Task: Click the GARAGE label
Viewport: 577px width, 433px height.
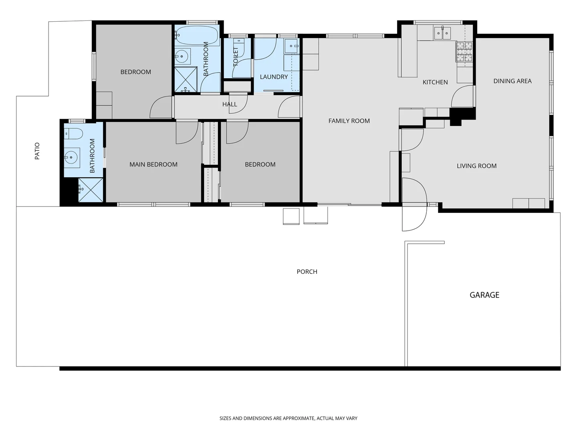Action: (x=484, y=295)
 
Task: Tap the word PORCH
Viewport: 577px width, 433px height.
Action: (x=307, y=272)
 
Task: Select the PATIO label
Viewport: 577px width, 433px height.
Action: (x=37, y=151)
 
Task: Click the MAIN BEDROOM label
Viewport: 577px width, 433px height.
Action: (x=153, y=164)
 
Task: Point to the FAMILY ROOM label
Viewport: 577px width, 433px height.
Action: (x=349, y=121)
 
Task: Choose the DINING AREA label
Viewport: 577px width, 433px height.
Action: (x=512, y=81)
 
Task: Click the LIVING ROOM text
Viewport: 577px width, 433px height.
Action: (x=476, y=166)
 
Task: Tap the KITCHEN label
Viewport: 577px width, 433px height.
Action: (x=435, y=82)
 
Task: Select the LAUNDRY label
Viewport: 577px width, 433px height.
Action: (x=274, y=77)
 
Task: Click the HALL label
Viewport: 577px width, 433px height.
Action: (x=230, y=104)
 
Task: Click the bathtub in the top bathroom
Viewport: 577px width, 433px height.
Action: (x=197, y=36)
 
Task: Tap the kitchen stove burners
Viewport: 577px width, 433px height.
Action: (x=464, y=52)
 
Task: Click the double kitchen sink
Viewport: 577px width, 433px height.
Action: (x=442, y=33)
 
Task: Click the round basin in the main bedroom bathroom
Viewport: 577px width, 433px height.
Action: (x=72, y=158)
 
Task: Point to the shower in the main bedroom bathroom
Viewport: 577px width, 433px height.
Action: (x=91, y=190)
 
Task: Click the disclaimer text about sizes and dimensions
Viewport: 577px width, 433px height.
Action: (x=288, y=418)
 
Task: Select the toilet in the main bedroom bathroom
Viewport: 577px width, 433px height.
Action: (x=73, y=133)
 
